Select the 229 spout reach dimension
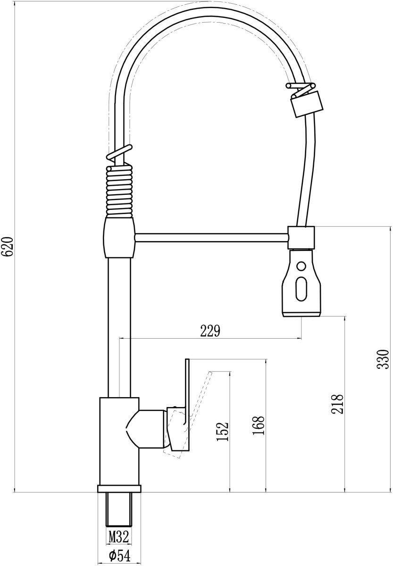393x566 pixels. [210, 331]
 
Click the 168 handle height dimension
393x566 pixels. [258, 425]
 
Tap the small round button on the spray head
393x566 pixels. [301, 266]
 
